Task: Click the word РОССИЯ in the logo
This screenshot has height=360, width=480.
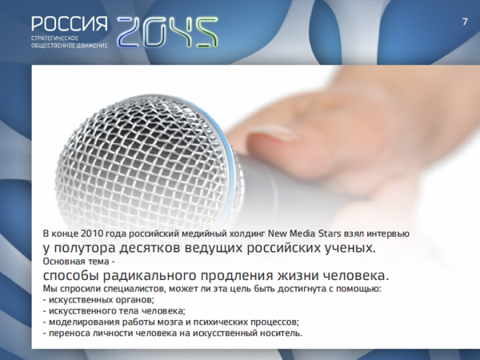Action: [x=70, y=24]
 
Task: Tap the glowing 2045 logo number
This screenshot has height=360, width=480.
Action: [x=167, y=32]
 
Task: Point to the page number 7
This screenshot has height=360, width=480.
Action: [x=465, y=22]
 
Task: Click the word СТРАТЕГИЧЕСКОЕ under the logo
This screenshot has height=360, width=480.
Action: [x=54, y=38]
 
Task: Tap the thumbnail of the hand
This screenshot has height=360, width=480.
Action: [x=271, y=133]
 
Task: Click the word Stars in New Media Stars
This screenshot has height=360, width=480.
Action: [x=330, y=234]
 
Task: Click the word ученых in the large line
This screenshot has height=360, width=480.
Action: [x=350, y=248]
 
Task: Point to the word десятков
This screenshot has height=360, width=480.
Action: [x=149, y=249]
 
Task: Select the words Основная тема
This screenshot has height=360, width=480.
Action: [x=76, y=262]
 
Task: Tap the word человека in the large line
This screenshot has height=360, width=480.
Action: [x=356, y=276]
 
